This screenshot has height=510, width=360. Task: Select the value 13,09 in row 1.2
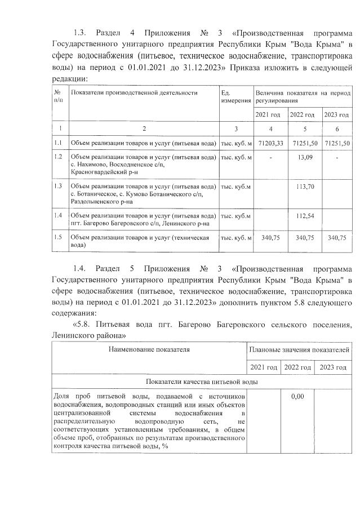[x=304, y=157]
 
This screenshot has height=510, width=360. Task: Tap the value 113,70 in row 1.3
[x=304, y=187]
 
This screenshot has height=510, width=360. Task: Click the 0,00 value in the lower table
[x=297, y=397]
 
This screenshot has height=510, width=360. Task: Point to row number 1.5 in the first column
[x=58, y=238]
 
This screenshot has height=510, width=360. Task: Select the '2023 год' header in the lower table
[x=332, y=367]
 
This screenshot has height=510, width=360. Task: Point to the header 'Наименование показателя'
[x=149, y=349]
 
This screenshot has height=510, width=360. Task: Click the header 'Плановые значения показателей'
[x=299, y=349]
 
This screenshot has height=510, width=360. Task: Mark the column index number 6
[x=337, y=129]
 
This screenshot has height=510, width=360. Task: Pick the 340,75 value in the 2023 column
[x=337, y=238]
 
